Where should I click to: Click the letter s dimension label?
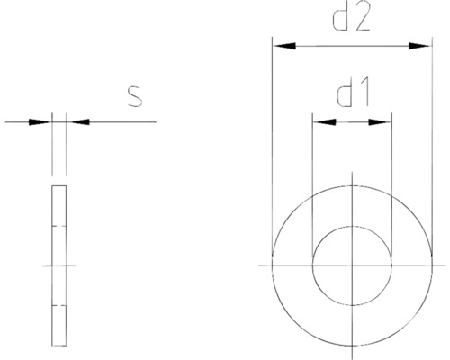coord(134,95)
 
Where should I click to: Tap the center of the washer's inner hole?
coord(352,265)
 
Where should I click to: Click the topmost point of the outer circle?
coord(352,186)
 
